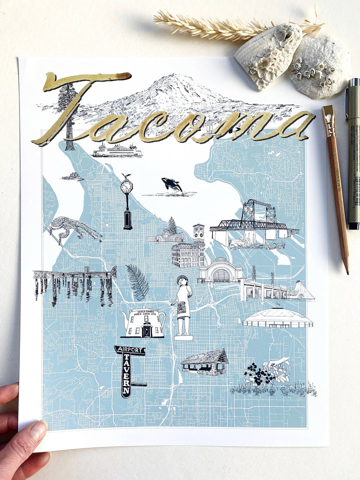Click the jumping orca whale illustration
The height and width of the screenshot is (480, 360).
click(172, 185)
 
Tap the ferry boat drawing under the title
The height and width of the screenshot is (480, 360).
click(116, 150)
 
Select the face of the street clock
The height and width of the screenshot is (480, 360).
click(126, 186)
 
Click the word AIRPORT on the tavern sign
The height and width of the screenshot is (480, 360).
click(129, 350)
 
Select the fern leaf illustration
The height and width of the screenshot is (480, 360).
click(137, 282)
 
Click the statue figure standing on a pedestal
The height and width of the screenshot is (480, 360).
click(182, 305)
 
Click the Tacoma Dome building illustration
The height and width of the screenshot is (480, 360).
click(277, 318)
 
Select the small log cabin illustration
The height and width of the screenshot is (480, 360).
click(205, 362)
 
